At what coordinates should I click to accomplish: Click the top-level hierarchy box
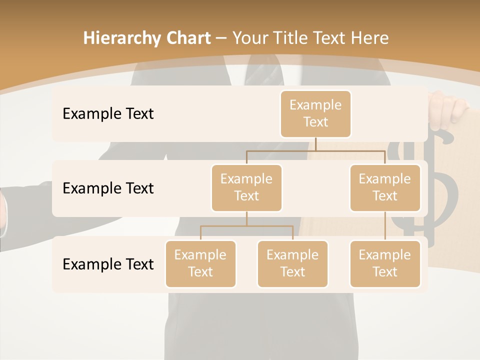tap(315, 113)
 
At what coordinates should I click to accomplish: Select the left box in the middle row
tap(246, 187)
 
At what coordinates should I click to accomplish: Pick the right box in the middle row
tap(385, 187)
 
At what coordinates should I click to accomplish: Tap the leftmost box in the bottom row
tap(200, 263)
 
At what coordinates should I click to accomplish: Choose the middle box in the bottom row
tap(292, 263)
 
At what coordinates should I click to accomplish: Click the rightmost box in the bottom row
tap(385, 263)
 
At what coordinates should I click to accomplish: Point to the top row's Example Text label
tap(108, 114)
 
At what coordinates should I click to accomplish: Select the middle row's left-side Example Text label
tap(108, 188)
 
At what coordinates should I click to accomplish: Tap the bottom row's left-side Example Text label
tap(108, 264)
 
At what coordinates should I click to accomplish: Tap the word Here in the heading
tap(370, 38)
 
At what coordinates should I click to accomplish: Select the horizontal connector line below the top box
tap(315, 150)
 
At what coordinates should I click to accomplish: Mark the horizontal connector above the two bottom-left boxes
tap(246, 226)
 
